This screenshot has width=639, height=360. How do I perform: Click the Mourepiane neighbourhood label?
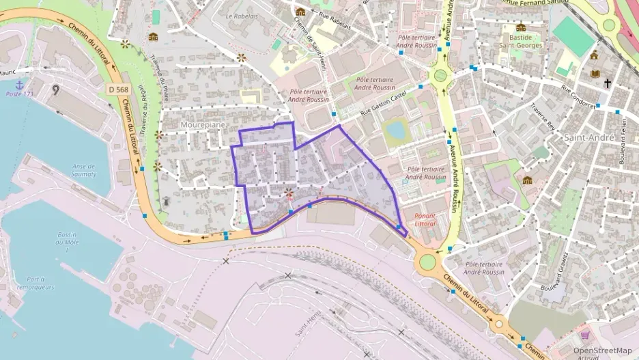[203, 125]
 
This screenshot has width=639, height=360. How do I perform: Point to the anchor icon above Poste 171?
[20, 84]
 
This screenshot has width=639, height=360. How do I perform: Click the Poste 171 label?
[19, 94]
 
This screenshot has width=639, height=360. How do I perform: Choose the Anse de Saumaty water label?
[83, 169]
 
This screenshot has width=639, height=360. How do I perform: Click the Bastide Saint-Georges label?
[521, 41]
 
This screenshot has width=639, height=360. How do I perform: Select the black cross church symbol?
[607, 83]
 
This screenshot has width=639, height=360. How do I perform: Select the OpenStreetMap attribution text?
[602, 350]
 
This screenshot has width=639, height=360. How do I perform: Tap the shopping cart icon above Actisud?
[584, 335]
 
